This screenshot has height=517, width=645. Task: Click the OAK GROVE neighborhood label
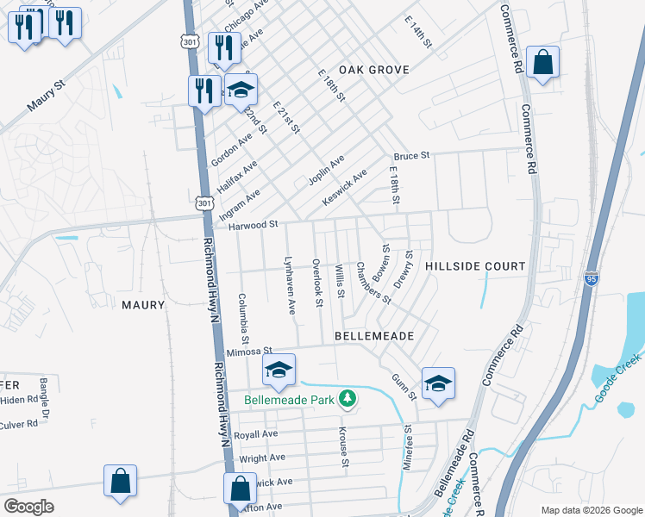(x=373, y=69)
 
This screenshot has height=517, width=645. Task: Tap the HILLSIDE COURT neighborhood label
(x=475, y=266)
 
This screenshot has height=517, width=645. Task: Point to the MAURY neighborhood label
(x=142, y=305)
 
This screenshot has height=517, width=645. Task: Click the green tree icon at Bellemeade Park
(x=347, y=398)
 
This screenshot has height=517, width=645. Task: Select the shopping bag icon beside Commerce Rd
(x=542, y=63)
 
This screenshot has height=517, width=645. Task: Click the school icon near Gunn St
(x=438, y=384)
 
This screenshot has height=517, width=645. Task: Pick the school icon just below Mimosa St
(x=279, y=371)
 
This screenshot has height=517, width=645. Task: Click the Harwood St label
(x=254, y=225)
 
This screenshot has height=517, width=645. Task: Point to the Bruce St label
(x=411, y=156)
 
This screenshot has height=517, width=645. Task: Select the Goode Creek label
(x=618, y=377)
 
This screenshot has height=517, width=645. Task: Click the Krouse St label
(x=343, y=447)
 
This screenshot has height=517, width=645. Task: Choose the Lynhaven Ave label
(x=291, y=283)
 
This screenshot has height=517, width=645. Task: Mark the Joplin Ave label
(x=326, y=171)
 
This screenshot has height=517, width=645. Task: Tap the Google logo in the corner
(x=29, y=506)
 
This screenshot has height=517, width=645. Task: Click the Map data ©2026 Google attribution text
(x=591, y=509)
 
